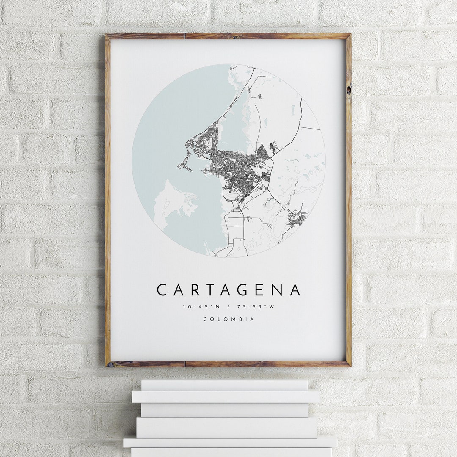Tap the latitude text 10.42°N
point(197,306)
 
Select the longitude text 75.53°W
point(258,306)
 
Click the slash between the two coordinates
point(228,306)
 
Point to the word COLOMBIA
point(229,319)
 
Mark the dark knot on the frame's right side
point(348,90)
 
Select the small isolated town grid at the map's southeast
point(297,218)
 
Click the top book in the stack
point(224,385)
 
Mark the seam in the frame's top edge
point(185,36)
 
